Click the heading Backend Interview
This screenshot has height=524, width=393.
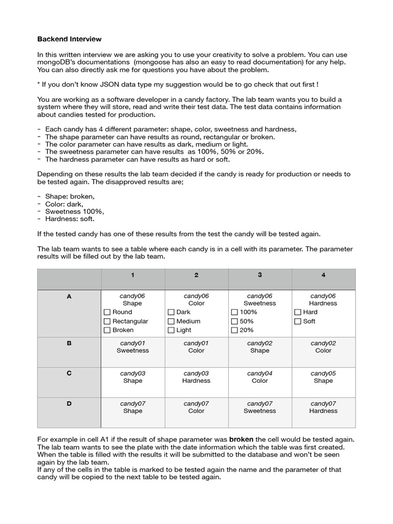point(70,39)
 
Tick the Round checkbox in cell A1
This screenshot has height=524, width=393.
point(107,312)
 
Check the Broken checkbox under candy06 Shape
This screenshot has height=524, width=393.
point(107,331)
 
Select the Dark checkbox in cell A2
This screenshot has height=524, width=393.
point(171,312)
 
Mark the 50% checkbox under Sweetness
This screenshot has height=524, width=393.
point(234,321)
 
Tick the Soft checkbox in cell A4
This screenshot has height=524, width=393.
point(298,321)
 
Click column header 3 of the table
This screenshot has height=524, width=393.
point(260,275)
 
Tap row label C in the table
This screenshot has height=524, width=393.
point(69,374)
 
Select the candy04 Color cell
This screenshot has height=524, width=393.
point(260,377)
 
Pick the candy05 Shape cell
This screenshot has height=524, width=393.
point(323,377)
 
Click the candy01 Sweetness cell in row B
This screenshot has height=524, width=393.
point(133,347)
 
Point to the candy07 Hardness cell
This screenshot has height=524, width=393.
point(323,407)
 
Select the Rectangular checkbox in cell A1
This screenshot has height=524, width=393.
point(107,321)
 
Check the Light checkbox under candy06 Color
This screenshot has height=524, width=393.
point(171,331)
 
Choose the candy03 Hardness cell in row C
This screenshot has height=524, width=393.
point(196,377)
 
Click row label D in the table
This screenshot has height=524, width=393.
point(69,404)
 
